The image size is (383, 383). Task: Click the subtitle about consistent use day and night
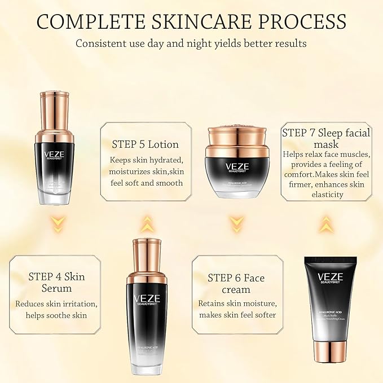(x=191, y=44)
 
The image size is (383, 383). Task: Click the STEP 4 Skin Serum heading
(x=56, y=283)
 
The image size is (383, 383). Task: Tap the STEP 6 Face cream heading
(x=236, y=283)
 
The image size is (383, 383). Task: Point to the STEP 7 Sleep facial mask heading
(x=326, y=139)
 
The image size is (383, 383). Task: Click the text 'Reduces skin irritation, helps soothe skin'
(x=56, y=309)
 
